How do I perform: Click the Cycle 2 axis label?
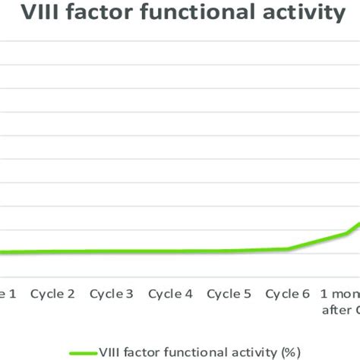click(52, 294)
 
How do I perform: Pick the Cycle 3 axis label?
click(112, 294)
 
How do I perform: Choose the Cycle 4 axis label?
click(171, 294)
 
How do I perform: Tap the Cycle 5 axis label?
click(229, 294)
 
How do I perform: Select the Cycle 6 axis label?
click(289, 294)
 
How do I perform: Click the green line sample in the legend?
click(84, 352)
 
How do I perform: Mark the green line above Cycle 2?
click(52, 252)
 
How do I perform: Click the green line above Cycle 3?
click(112, 251)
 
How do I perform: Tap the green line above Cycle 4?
click(171, 251)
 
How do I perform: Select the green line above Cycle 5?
click(229, 251)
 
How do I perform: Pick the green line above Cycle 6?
click(289, 248)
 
